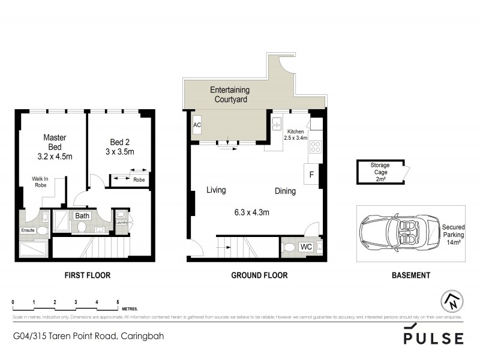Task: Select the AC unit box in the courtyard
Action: (197, 125)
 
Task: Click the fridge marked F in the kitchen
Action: (311, 175)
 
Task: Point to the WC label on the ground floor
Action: (305, 246)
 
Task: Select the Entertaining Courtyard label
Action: (229, 95)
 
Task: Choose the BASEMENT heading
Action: (410, 275)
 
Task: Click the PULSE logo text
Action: (433, 338)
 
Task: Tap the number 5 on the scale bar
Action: (118, 302)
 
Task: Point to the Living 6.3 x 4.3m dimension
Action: (251, 212)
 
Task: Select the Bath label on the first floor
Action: (82, 215)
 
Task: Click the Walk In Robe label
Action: (40, 182)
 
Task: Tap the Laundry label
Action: (122, 223)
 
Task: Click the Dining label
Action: (286, 191)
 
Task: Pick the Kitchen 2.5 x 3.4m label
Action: (296, 134)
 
